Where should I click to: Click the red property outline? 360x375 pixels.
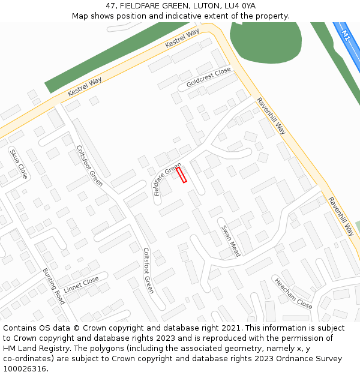click(181, 175)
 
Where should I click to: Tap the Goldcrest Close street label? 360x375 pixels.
click(208, 77)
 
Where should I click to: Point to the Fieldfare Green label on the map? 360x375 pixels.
click(167, 179)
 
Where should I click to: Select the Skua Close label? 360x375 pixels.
click(19, 164)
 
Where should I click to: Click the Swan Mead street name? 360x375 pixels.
click(231, 241)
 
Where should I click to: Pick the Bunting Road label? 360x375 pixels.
click(53, 286)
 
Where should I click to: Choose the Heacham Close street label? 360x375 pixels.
click(293, 293)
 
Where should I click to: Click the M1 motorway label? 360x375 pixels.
click(346, 35)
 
